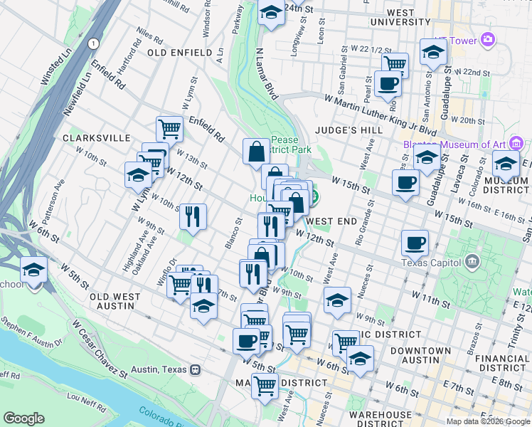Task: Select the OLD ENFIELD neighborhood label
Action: [x=179, y=53]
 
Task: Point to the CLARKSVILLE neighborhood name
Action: [x=96, y=137]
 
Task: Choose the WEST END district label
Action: [x=331, y=221]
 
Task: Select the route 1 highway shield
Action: [x=93, y=44]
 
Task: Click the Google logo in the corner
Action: [x=23, y=418]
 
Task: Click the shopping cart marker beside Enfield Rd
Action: [x=170, y=129]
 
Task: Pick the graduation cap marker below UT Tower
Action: [x=432, y=51]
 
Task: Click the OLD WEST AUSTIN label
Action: [x=112, y=301]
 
